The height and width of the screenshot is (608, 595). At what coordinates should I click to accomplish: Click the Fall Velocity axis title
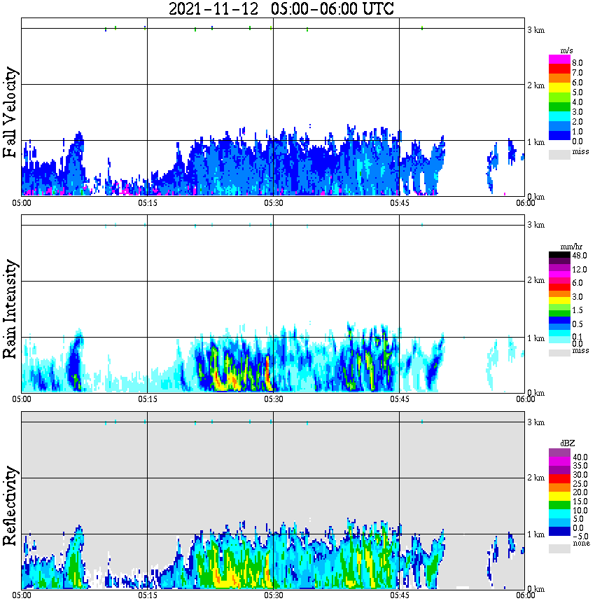click(10, 113)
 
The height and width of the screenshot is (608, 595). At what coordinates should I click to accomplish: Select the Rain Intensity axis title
click(10, 309)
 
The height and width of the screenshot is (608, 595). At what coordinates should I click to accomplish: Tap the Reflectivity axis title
click(10, 502)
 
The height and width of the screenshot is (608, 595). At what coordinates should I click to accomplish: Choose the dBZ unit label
click(566, 443)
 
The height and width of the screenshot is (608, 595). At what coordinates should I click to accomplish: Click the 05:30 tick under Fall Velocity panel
click(273, 203)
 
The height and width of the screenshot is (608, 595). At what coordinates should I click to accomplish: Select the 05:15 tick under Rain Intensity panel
click(147, 399)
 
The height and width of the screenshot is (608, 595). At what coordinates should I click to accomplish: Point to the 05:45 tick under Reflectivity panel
click(399, 596)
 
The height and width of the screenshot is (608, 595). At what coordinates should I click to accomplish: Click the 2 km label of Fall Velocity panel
click(535, 85)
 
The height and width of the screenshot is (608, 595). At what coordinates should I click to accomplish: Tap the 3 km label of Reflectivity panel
click(535, 422)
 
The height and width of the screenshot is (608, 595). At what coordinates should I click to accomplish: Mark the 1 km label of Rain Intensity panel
click(535, 338)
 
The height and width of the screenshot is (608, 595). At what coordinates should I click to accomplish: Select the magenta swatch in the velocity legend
click(559, 60)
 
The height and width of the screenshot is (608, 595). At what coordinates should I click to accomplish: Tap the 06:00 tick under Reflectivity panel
click(526, 596)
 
